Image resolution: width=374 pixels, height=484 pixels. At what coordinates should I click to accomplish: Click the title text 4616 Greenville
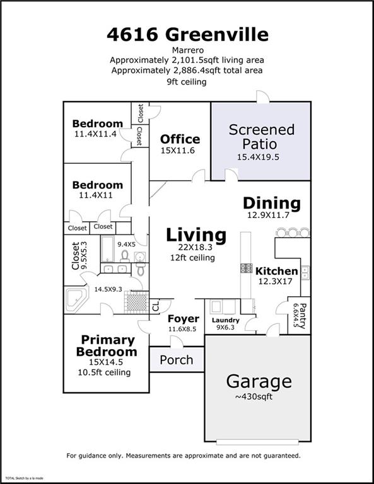pyautogui.click(x=187, y=34)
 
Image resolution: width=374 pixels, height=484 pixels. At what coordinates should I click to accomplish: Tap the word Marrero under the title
pyautogui.click(x=187, y=49)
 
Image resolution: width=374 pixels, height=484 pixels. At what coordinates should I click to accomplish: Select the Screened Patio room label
pyautogui.click(x=261, y=136)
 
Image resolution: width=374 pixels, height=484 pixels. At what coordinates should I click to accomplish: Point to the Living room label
pyautogui.click(x=196, y=235)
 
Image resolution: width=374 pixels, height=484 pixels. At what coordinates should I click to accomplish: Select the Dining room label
pyautogui.click(x=272, y=203)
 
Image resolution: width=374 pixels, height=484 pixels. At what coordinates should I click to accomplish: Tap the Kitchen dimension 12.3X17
pyautogui.click(x=276, y=282)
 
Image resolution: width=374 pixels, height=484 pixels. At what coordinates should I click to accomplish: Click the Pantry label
pyautogui.click(x=302, y=316)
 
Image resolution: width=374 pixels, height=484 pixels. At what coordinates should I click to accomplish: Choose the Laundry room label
pyautogui.click(x=225, y=320)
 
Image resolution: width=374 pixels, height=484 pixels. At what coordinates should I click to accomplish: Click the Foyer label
pyautogui.click(x=183, y=319)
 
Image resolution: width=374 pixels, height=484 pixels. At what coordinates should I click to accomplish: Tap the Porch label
pyautogui.click(x=176, y=360)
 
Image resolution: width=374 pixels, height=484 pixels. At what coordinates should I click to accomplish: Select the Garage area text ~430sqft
pyautogui.click(x=259, y=397)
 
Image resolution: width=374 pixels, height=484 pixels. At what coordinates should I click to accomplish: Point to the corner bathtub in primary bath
pyautogui.click(x=76, y=299)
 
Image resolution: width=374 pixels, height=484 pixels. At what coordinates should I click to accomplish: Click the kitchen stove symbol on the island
pyautogui.click(x=246, y=268)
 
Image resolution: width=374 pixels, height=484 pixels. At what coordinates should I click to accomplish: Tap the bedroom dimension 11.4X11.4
pyautogui.click(x=95, y=134)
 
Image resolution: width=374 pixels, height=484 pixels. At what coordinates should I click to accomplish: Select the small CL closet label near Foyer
pyautogui.click(x=156, y=306)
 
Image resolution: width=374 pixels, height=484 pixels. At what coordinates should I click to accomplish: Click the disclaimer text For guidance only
pyautogui.click(x=183, y=454)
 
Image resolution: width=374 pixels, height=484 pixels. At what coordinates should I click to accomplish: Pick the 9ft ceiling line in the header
pyautogui.click(x=187, y=81)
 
